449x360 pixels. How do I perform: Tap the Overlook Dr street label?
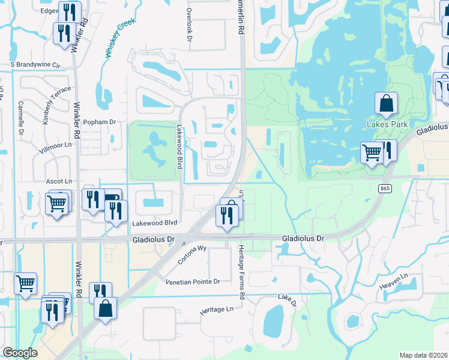(x=188, y=25)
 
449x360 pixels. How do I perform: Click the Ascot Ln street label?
(x=59, y=181)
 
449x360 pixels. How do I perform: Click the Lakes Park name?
(x=387, y=124)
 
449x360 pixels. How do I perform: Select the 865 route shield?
(x=385, y=188)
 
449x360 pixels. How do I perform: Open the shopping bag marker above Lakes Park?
(x=386, y=104)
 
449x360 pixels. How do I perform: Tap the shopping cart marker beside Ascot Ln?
(x=56, y=204)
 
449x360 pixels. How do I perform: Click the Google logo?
(x=20, y=353)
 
